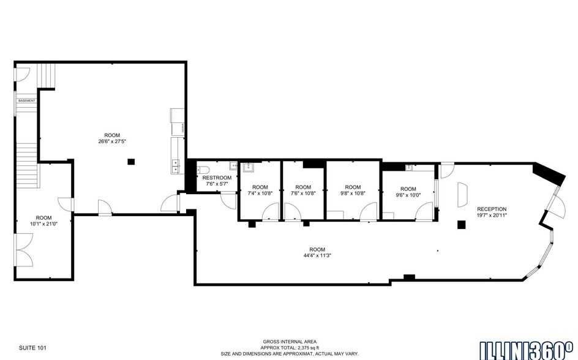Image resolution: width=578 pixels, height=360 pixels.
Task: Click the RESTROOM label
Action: pyautogui.click(x=217, y=178)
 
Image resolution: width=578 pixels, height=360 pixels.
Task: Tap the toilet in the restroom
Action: pyautogui.click(x=203, y=170)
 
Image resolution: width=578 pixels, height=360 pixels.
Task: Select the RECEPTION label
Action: pyautogui.click(x=492, y=209)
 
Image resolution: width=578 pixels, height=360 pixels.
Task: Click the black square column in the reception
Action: pyautogui.click(x=461, y=225)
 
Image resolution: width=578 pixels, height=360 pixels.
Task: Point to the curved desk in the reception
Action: pyautogui.click(x=464, y=194)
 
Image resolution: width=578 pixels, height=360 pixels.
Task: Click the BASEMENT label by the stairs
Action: pyautogui.click(x=26, y=100)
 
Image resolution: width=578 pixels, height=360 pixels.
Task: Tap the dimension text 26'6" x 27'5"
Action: pyautogui.click(x=112, y=141)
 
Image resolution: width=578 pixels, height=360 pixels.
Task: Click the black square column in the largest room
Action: pyautogui.click(x=130, y=162)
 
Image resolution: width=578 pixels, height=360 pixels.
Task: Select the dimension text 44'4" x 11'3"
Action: pyautogui.click(x=317, y=256)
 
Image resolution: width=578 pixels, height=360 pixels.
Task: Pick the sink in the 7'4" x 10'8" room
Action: pyautogui.click(x=248, y=167)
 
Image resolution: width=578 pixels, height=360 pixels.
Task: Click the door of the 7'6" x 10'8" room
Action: pyautogui.click(x=291, y=212)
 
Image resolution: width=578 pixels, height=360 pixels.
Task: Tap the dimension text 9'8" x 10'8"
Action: pyautogui.click(x=353, y=193)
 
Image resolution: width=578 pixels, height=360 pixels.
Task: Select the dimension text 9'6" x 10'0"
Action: pyautogui.click(x=408, y=195)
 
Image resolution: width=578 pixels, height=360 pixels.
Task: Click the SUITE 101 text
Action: pyautogui.click(x=32, y=348)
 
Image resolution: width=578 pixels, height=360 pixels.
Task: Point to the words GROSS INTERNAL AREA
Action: pyautogui.click(x=290, y=342)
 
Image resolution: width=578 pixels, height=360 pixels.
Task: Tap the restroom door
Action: pyautogui.click(x=229, y=200)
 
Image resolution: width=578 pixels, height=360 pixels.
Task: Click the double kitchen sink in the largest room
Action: pyautogui.click(x=175, y=164)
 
